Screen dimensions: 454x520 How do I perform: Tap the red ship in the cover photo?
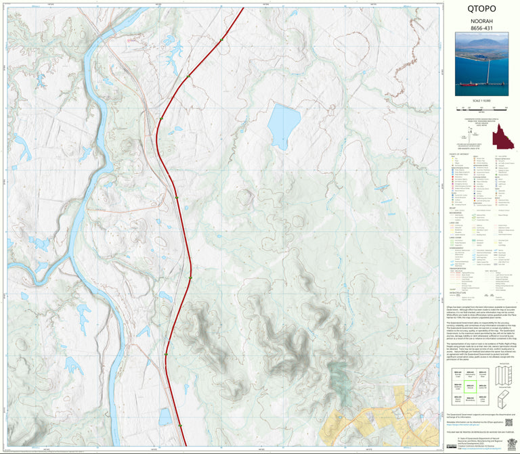(469, 85)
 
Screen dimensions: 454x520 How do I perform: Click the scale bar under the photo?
(481, 108)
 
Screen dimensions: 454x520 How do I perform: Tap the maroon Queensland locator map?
(503, 137)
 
